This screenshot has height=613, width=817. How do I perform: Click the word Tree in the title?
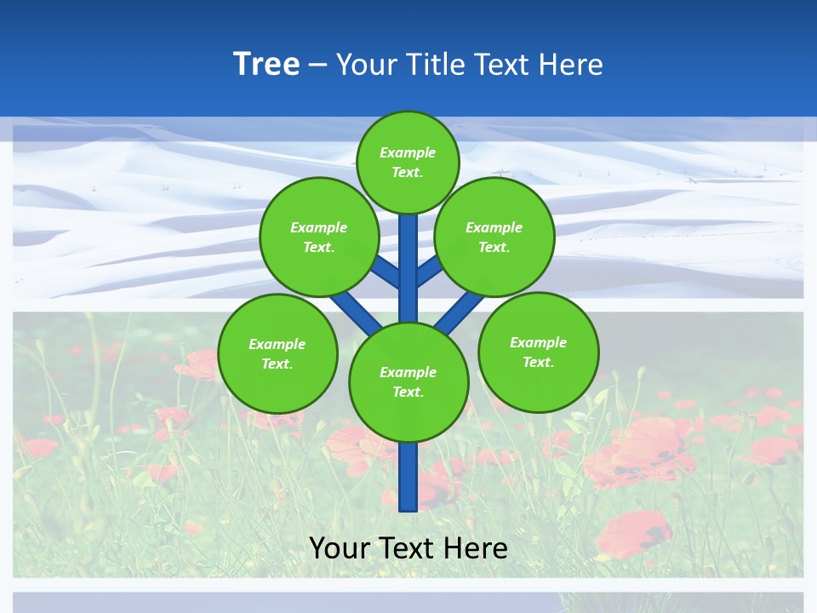(x=266, y=64)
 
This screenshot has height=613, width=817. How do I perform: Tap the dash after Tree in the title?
(x=317, y=65)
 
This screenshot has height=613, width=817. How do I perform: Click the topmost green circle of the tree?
(x=408, y=162)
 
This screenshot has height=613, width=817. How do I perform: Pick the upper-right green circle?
(x=494, y=237)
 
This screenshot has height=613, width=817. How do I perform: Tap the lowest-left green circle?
(x=277, y=353)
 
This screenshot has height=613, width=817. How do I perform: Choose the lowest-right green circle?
(x=538, y=352)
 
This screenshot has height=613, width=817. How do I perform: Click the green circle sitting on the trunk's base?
(x=408, y=381)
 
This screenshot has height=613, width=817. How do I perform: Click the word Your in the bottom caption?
(x=340, y=547)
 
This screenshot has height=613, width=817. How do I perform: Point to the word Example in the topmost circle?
(x=408, y=152)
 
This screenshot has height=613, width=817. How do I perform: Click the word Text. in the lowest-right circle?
(x=538, y=362)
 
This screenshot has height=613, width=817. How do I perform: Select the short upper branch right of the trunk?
(x=430, y=271)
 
